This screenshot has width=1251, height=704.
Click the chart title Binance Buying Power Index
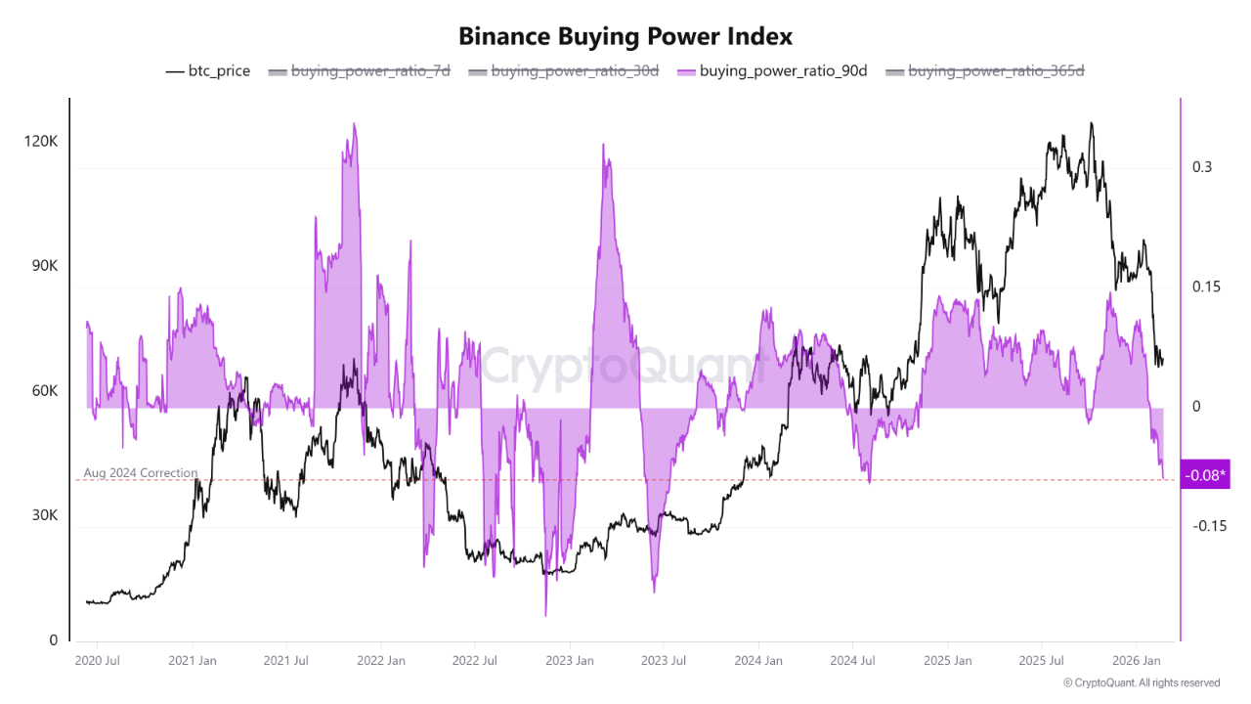625,36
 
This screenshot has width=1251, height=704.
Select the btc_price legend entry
208,70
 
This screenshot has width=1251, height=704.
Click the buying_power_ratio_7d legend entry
359,70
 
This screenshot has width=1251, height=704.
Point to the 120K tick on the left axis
41,142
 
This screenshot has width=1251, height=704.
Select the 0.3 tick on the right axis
1201,167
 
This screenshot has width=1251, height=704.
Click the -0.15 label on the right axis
1209,526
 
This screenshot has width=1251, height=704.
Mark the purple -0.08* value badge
1205,475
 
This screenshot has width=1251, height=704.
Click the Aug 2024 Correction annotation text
141,473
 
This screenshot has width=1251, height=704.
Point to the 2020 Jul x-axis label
98,661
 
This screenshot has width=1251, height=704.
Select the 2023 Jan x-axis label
570,661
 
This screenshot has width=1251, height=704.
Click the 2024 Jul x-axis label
852,661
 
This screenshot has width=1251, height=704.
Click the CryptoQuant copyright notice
1141,682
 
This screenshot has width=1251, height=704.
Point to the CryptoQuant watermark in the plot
622,367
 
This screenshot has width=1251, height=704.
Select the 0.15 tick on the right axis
1205,286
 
